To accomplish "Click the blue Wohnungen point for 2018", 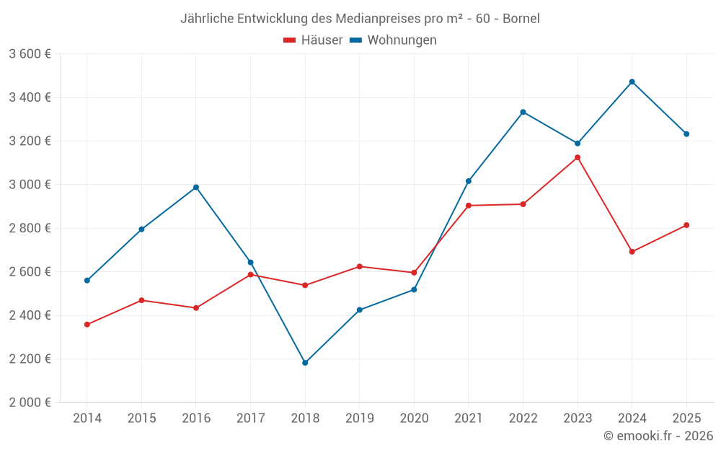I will [305, 363].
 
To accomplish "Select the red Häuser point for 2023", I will [578, 157].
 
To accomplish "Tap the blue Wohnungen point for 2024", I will [632, 82].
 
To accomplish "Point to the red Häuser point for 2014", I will [87, 325].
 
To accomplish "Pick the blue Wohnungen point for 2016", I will [196, 188].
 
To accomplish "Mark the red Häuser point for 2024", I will [632, 252].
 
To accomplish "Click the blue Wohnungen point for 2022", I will [523, 112].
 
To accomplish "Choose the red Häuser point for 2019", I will [360, 267].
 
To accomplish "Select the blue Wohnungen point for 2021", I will [469, 181].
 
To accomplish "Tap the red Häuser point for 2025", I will [686, 225].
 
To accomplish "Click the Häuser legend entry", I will [313, 40].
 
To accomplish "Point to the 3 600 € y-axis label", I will [30, 54].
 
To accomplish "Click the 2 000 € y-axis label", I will [30, 403].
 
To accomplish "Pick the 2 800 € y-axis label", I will [30, 229].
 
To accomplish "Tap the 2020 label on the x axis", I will [414, 419].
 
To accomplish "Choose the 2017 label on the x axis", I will [251, 419].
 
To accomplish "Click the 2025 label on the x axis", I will [686, 419].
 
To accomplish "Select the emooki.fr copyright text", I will [658, 436].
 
